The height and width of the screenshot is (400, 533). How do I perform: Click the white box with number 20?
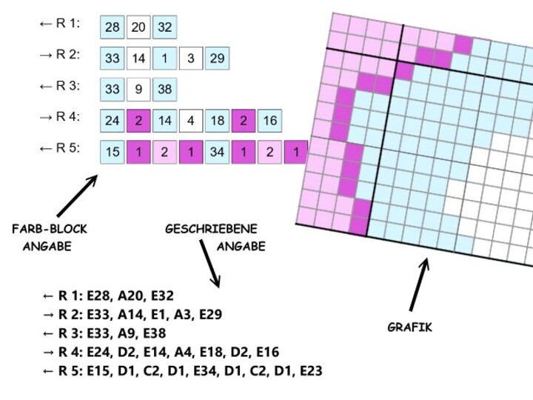click(x=138, y=27)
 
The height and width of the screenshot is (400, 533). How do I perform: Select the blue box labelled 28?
click(x=113, y=27)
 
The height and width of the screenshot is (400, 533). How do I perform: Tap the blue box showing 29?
click(x=217, y=58)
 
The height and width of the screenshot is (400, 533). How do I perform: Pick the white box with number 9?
click(x=138, y=90)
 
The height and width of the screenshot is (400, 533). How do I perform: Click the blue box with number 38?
click(x=164, y=90)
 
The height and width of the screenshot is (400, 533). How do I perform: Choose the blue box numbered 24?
click(x=113, y=121)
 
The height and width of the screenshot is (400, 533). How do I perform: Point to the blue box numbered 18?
click(x=217, y=121)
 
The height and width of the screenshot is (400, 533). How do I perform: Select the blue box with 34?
click(x=217, y=152)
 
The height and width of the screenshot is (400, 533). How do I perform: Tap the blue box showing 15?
click(x=113, y=152)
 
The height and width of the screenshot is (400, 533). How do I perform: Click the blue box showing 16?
click(x=269, y=121)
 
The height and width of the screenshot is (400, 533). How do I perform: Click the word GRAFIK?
click(x=410, y=327)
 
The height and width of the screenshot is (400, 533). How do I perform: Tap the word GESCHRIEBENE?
click(x=211, y=230)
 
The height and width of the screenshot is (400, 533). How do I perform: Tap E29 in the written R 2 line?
click(x=207, y=314)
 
